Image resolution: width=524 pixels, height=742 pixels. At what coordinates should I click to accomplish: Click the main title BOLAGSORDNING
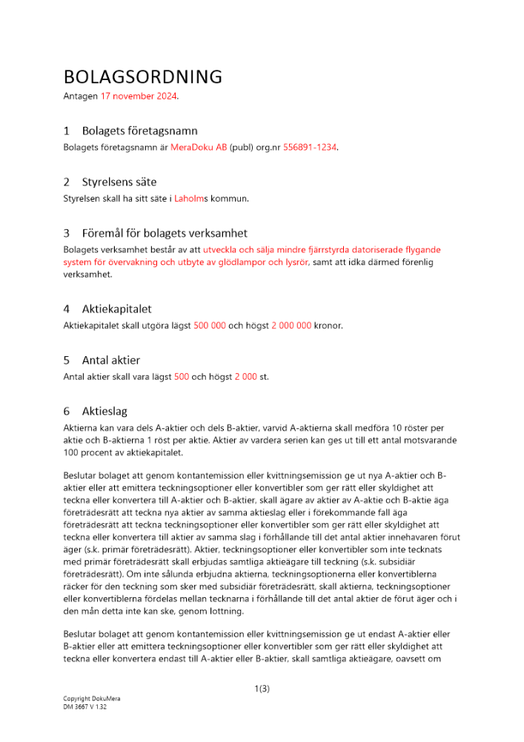(143, 77)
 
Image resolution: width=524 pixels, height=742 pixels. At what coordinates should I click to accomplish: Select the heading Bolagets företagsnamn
(139, 131)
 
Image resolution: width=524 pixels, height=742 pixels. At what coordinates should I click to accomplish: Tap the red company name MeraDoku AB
(198, 148)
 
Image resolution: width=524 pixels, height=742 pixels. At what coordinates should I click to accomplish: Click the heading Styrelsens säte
(119, 182)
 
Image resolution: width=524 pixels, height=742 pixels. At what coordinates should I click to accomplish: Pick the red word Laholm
(189, 199)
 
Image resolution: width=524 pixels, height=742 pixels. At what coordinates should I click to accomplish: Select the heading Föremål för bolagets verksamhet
(165, 233)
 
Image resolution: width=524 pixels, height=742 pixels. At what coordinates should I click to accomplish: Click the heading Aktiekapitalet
(116, 309)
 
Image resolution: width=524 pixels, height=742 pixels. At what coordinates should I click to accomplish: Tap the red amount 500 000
(210, 326)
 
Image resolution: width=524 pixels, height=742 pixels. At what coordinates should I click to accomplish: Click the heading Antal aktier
(110, 360)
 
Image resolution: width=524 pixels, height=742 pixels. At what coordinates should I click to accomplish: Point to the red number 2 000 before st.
(245, 377)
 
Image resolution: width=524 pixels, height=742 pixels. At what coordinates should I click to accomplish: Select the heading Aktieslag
(105, 411)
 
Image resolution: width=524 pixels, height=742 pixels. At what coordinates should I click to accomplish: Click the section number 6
(67, 411)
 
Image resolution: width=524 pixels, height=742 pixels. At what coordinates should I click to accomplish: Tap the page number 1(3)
(262, 689)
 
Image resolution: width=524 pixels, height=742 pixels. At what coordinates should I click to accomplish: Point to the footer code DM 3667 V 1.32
(85, 707)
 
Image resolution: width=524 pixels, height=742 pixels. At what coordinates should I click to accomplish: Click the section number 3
(67, 233)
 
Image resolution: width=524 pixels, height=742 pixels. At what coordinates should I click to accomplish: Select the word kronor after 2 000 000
(328, 326)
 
